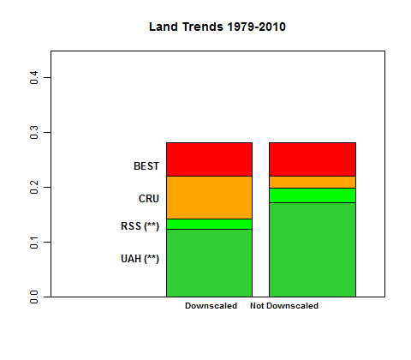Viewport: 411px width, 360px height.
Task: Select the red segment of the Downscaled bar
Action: coord(209,159)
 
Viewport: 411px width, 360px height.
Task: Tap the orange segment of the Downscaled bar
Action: coord(209,197)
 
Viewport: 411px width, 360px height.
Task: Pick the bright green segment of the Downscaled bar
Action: coord(209,224)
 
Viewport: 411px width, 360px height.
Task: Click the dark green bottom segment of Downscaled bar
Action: coord(209,262)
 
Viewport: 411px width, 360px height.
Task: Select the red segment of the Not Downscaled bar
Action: coord(313,159)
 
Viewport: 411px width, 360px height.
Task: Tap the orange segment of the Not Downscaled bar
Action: coord(313,182)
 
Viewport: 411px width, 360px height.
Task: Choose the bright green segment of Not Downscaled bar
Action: coord(313,195)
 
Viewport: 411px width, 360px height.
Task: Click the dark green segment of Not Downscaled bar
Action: coord(313,249)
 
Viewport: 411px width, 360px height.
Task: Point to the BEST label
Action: coord(146,166)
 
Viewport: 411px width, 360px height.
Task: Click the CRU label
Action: coord(149,199)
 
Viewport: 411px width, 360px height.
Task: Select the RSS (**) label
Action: coord(140,226)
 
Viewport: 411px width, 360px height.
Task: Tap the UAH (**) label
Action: coord(140,259)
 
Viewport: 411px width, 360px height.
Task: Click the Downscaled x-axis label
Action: coord(211,306)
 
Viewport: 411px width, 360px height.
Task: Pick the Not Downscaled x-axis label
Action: coord(284,306)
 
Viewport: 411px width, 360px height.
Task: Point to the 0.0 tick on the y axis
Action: coord(35,297)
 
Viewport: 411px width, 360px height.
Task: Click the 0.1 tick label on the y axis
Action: coord(35,243)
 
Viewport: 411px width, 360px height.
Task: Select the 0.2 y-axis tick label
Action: coord(35,188)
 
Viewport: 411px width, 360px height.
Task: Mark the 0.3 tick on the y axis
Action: coord(35,133)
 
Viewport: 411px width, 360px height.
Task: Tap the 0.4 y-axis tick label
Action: coord(35,78)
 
